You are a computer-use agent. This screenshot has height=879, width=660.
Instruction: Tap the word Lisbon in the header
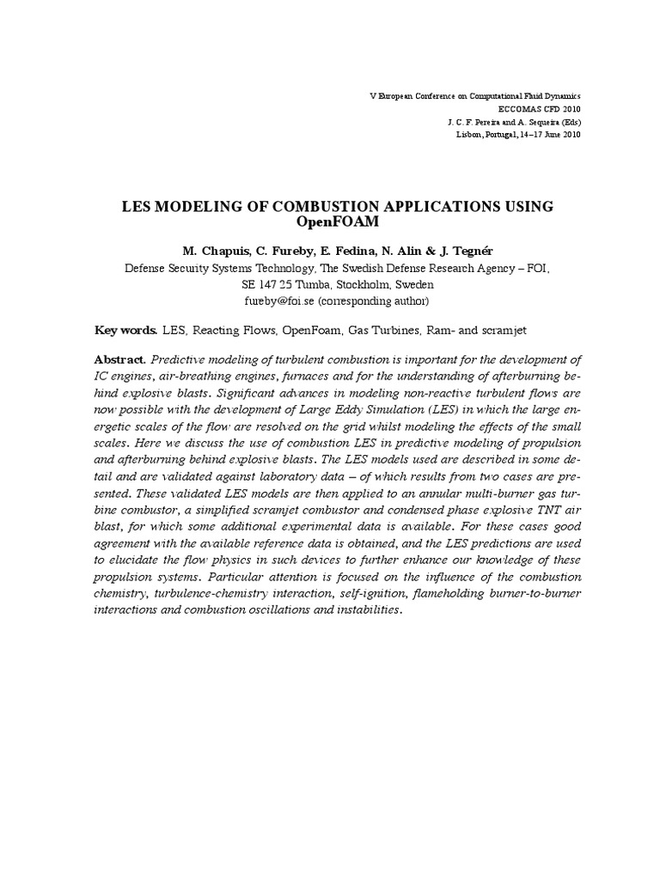(x=468, y=136)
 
